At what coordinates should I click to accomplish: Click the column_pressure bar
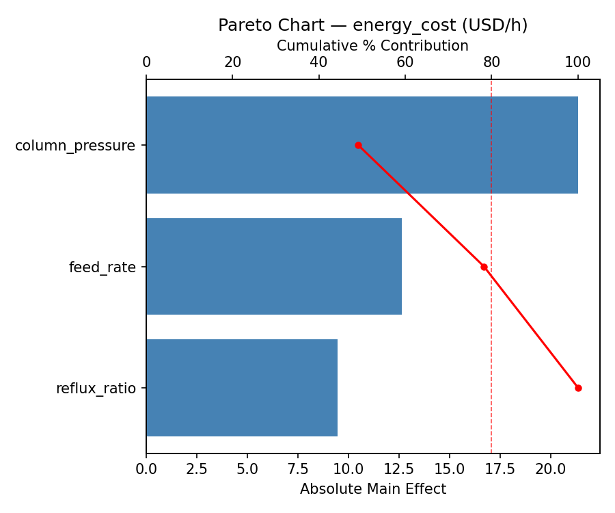[x=273, y=145]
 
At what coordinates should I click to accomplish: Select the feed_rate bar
[x=273, y=267]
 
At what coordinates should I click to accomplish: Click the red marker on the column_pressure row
[x=358, y=145]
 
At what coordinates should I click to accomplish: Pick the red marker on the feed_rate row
[x=484, y=267]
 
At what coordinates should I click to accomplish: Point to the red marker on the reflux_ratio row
[x=578, y=388]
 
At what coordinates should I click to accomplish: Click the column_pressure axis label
[x=75, y=146]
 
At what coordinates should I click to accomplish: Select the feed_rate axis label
[x=102, y=267]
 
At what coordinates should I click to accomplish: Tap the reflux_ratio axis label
[x=96, y=389]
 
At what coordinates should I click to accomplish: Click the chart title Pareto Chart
[x=372, y=25]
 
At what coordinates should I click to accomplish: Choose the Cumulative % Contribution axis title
[x=372, y=46]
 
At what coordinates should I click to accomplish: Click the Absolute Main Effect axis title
[x=372, y=489]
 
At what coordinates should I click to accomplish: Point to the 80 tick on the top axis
[x=491, y=62]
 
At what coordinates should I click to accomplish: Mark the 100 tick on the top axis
[x=578, y=62]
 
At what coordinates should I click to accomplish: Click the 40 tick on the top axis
[x=318, y=62]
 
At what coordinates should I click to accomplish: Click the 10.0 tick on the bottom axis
[x=348, y=470]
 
